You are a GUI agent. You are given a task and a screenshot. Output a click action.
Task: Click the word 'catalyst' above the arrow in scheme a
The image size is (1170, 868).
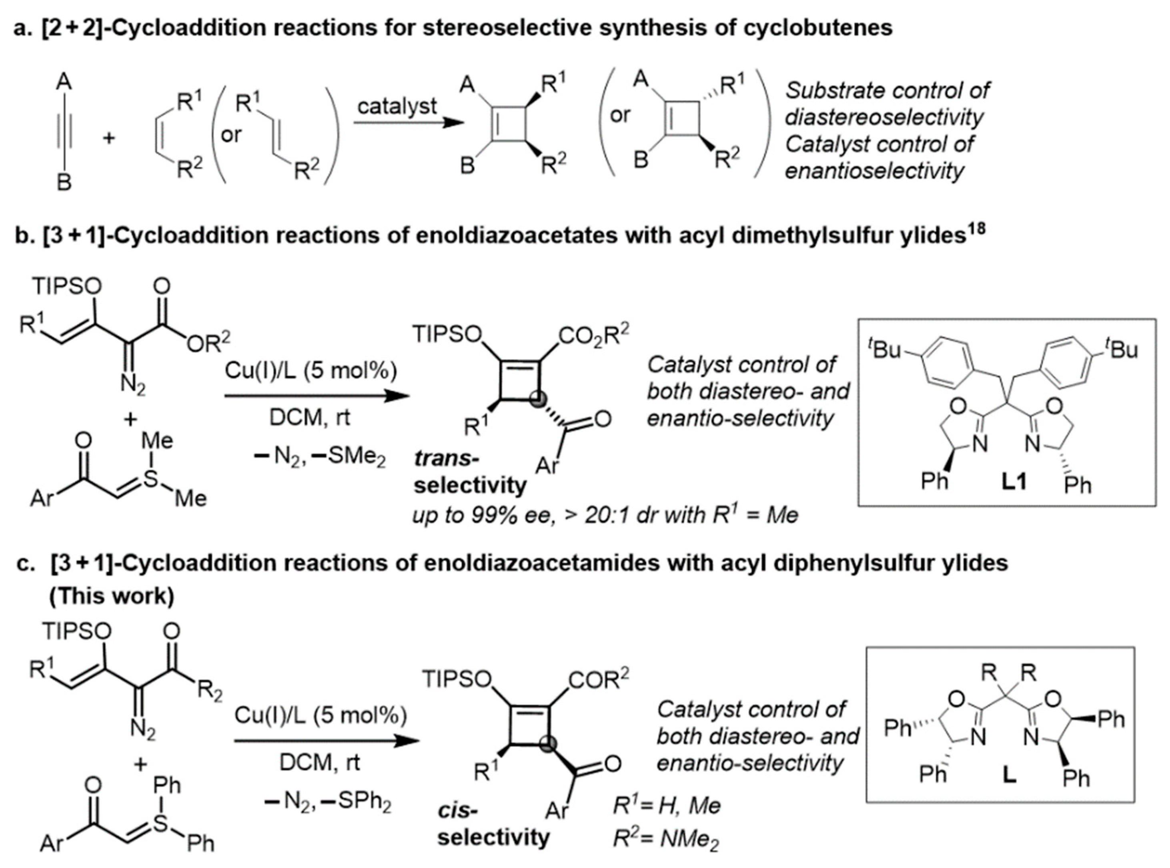pos(397,106)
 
